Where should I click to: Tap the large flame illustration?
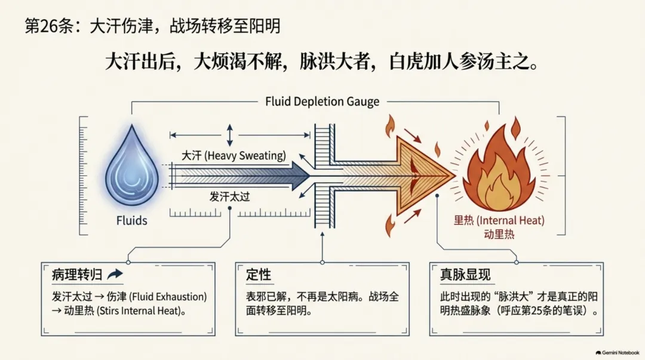pyautogui.click(x=499, y=169)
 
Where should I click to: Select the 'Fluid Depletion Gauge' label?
pyautogui.click(x=322, y=101)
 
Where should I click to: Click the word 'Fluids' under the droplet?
pyautogui.click(x=131, y=220)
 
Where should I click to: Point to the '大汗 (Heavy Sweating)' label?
pyautogui.click(x=234, y=155)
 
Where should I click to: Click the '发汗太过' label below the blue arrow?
pyautogui.click(x=229, y=196)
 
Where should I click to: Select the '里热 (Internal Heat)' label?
pyautogui.click(x=499, y=220)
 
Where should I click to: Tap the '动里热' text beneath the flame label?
pyautogui.click(x=499, y=235)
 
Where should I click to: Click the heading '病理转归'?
pyautogui.click(x=76, y=275)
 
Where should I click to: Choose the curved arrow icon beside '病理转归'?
pyautogui.click(x=115, y=275)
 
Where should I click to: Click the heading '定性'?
pyautogui.click(x=259, y=275)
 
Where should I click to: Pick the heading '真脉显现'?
pyautogui.click(x=465, y=275)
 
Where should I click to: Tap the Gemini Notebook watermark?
pyautogui.click(x=618, y=353)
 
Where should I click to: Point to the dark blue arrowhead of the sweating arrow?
pyautogui.click(x=300, y=176)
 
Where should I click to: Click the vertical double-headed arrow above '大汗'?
pyautogui.click(x=229, y=135)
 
